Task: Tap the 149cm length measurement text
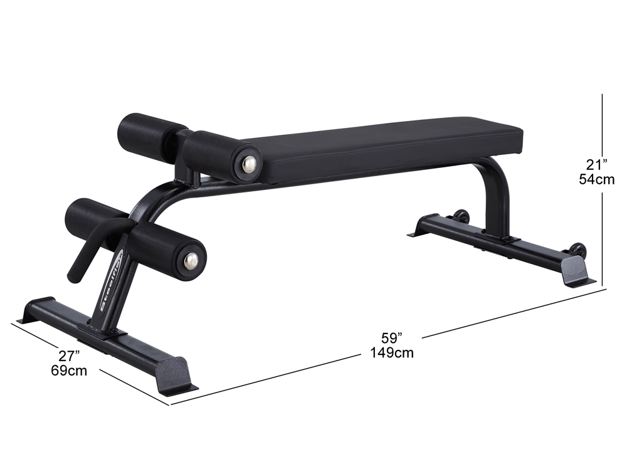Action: coord(392,352)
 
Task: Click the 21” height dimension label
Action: coord(593,165)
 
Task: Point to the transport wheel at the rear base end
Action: coord(578,250)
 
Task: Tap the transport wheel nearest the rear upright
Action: coord(462,216)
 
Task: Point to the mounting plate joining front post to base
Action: coord(103,330)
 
